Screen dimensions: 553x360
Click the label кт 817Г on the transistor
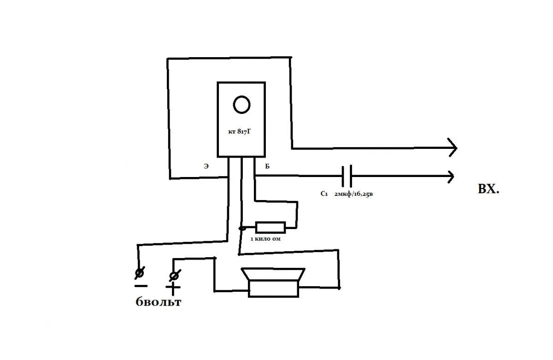tap(239, 132)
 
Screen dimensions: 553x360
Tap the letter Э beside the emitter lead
tap(206, 166)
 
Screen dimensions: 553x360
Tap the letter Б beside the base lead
tap(267, 166)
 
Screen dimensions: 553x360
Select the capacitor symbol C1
tap(347, 176)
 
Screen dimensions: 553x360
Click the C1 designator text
tap(324, 194)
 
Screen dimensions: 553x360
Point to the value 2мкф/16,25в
tap(353, 194)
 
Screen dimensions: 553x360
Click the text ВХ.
tap(488, 189)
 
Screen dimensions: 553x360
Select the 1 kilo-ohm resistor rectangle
tap(271, 227)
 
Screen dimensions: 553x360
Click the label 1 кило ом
tap(265, 239)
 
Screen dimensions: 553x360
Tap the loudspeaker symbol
tap(273, 282)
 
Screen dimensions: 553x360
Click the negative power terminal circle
tap(139, 273)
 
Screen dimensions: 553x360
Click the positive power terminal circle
tap(174, 275)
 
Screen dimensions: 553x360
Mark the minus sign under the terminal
tap(141, 286)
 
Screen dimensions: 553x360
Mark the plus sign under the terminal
tap(173, 288)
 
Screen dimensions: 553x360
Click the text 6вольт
tap(158, 302)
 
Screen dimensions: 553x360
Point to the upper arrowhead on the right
tap(453, 148)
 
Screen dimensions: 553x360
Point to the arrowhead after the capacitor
tap(451, 177)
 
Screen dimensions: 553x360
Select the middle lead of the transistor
tap(241, 193)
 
